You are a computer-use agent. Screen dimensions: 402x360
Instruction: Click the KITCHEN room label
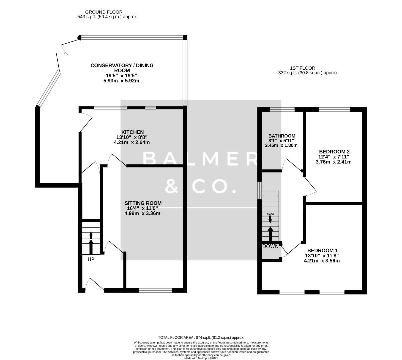[x=132, y=132]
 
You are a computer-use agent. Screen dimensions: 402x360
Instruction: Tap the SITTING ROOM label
[x=143, y=203]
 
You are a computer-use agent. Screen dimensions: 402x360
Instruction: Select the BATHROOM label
[x=282, y=136]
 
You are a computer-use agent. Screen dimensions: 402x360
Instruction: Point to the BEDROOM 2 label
[x=333, y=152]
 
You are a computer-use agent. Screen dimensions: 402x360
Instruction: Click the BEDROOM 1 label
[x=322, y=250]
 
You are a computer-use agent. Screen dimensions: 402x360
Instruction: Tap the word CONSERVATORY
[x=111, y=65]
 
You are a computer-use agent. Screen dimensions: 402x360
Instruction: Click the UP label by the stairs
[x=91, y=259]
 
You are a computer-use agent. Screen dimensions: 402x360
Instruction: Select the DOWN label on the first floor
[x=270, y=246]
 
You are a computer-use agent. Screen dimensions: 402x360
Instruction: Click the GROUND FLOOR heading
[x=104, y=12]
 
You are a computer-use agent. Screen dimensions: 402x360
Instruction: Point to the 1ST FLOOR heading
[x=302, y=68]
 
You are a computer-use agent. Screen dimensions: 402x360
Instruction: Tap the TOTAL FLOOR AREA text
[x=201, y=337]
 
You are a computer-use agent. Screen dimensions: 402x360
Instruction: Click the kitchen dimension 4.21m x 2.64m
[x=132, y=142]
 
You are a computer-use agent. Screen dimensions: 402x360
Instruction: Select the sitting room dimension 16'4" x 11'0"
[x=142, y=208]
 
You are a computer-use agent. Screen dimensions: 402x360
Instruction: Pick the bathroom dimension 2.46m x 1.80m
[x=281, y=145]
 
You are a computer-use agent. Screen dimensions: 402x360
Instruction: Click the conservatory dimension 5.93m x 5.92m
[x=121, y=81]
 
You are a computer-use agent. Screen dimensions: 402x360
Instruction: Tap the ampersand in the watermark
[x=172, y=187]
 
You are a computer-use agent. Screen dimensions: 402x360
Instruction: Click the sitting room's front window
[x=156, y=290]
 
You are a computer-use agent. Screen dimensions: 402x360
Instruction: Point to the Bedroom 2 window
[x=334, y=109]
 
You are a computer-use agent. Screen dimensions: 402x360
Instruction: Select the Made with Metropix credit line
[x=201, y=358]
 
